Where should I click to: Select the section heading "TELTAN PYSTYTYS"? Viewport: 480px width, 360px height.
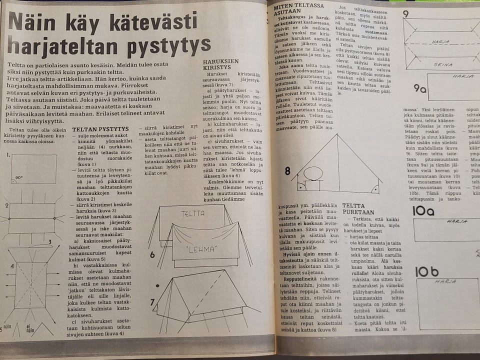pyautogui.click(x=100, y=129)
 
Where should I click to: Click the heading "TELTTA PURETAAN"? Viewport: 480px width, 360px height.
pyautogui.click(x=358, y=209)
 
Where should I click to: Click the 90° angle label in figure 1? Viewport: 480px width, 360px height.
pyautogui.click(x=18, y=177)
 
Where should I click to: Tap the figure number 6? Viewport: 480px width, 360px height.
pyautogui.click(x=152, y=254)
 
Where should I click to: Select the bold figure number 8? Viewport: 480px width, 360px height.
pyautogui.click(x=287, y=171)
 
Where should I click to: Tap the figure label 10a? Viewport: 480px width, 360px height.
pyautogui.click(x=423, y=211)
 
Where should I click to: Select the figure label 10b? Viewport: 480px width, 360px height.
pyautogui.click(x=427, y=271)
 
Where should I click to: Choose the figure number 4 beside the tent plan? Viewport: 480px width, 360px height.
pyautogui.click(x=12, y=266)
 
